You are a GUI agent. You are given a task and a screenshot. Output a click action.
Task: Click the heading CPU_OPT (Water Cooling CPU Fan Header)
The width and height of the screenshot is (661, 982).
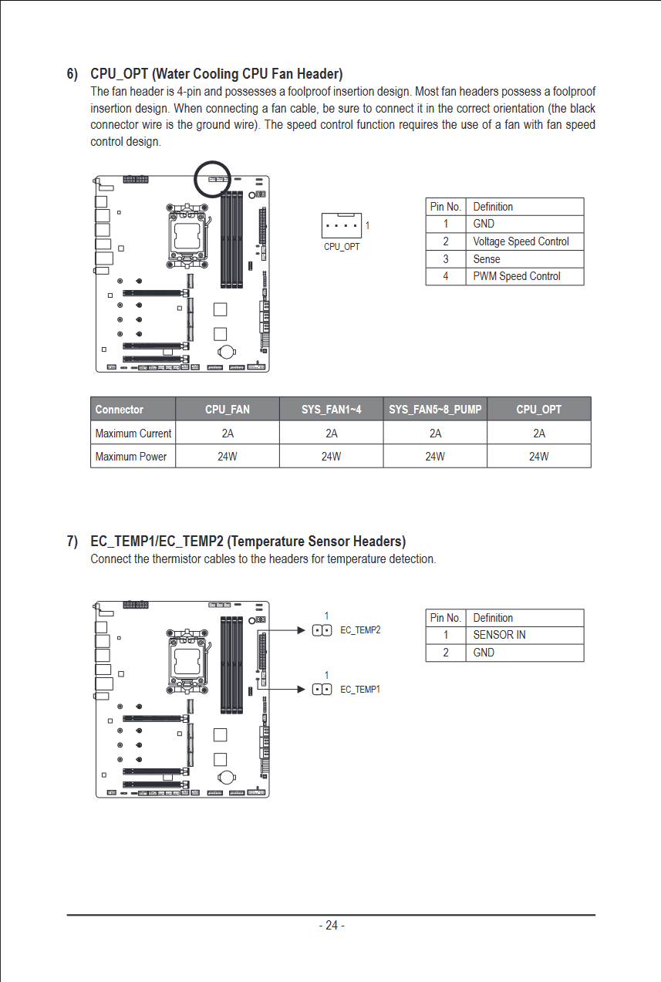[216, 74]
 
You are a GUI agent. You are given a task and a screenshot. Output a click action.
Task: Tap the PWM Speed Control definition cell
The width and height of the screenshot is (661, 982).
[516, 276]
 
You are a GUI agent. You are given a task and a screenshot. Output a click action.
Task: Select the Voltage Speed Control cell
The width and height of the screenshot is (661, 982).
[521, 241]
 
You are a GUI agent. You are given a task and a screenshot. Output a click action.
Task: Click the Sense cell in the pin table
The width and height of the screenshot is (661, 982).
[487, 259]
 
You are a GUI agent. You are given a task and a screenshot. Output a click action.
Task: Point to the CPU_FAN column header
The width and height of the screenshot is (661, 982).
[228, 410]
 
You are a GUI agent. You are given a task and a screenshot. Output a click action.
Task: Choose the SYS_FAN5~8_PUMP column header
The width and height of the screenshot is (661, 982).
[435, 410]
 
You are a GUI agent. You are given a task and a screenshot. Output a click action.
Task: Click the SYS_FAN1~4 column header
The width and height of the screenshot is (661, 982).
[331, 410]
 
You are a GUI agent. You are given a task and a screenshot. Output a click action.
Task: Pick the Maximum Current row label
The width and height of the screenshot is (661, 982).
[133, 434]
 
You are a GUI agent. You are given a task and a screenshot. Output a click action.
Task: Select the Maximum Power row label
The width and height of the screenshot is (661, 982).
[131, 457]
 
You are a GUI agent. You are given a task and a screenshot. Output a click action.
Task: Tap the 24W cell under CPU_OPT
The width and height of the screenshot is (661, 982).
[538, 457]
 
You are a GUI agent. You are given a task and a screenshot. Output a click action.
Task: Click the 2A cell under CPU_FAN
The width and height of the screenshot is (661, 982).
[228, 434]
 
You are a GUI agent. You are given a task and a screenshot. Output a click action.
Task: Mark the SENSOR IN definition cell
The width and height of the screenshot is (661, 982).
[499, 635]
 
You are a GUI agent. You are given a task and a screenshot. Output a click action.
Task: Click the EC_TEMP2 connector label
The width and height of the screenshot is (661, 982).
[360, 630]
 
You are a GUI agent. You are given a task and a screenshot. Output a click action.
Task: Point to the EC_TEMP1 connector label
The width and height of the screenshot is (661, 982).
[360, 689]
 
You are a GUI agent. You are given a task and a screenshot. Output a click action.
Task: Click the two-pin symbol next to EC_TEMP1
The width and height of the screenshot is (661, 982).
[322, 689]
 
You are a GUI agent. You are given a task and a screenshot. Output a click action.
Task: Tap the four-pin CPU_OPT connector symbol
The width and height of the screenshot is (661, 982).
[342, 226]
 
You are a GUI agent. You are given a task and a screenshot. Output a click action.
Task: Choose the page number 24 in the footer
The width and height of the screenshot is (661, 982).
[332, 926]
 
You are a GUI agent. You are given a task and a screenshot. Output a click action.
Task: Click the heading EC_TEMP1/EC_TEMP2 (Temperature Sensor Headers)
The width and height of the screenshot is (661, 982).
[248, 542]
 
